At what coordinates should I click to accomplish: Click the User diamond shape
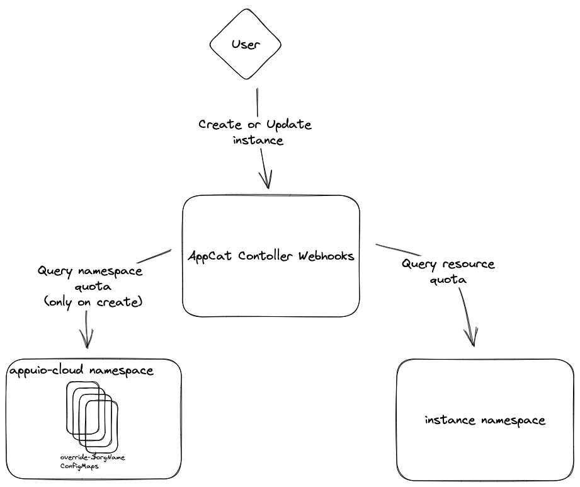coord(245,45)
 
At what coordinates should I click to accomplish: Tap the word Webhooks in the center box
coord(326,256)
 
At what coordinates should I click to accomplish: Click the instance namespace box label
coord(485,420)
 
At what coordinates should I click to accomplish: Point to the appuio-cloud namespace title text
coord(81,370)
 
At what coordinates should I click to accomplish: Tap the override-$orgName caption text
coord(93,457)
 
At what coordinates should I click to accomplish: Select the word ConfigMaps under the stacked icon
coord(79,467)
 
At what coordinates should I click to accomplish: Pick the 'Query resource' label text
coord(448,264)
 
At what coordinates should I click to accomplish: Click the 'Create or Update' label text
coord(255,125)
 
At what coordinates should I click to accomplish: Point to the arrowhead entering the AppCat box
coord(268,181)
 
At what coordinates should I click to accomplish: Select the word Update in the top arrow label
coord(289,125)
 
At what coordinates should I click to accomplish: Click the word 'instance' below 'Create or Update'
coord(258,140)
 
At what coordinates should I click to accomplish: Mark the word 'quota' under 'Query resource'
coord(448,280)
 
